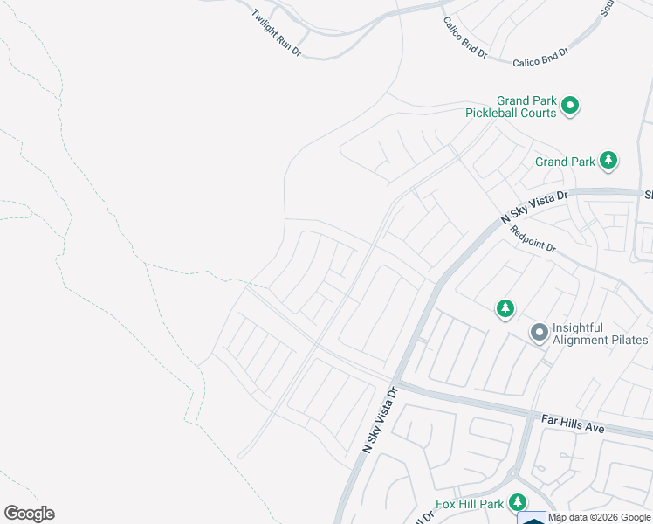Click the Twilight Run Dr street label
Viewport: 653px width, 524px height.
(x=276, y=34)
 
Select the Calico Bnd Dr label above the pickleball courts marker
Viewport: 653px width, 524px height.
(x=540, y=57)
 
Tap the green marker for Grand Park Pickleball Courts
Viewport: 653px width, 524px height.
(x=570, y=107)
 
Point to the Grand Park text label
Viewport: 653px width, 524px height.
(x=565, y=162)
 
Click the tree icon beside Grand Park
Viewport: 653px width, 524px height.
(x=609, y=161)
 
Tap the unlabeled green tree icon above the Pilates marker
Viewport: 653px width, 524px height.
(x=505, y=308)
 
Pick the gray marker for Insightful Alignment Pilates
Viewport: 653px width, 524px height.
(x=540, y=333)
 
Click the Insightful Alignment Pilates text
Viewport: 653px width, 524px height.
(x=601, y=334)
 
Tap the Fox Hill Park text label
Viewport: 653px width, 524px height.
(x=470, y=504)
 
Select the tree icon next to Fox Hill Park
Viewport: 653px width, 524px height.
(x=518, y=502)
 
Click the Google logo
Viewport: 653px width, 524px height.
(x=29, y=514)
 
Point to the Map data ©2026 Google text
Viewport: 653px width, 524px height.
(x=598, y=518)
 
